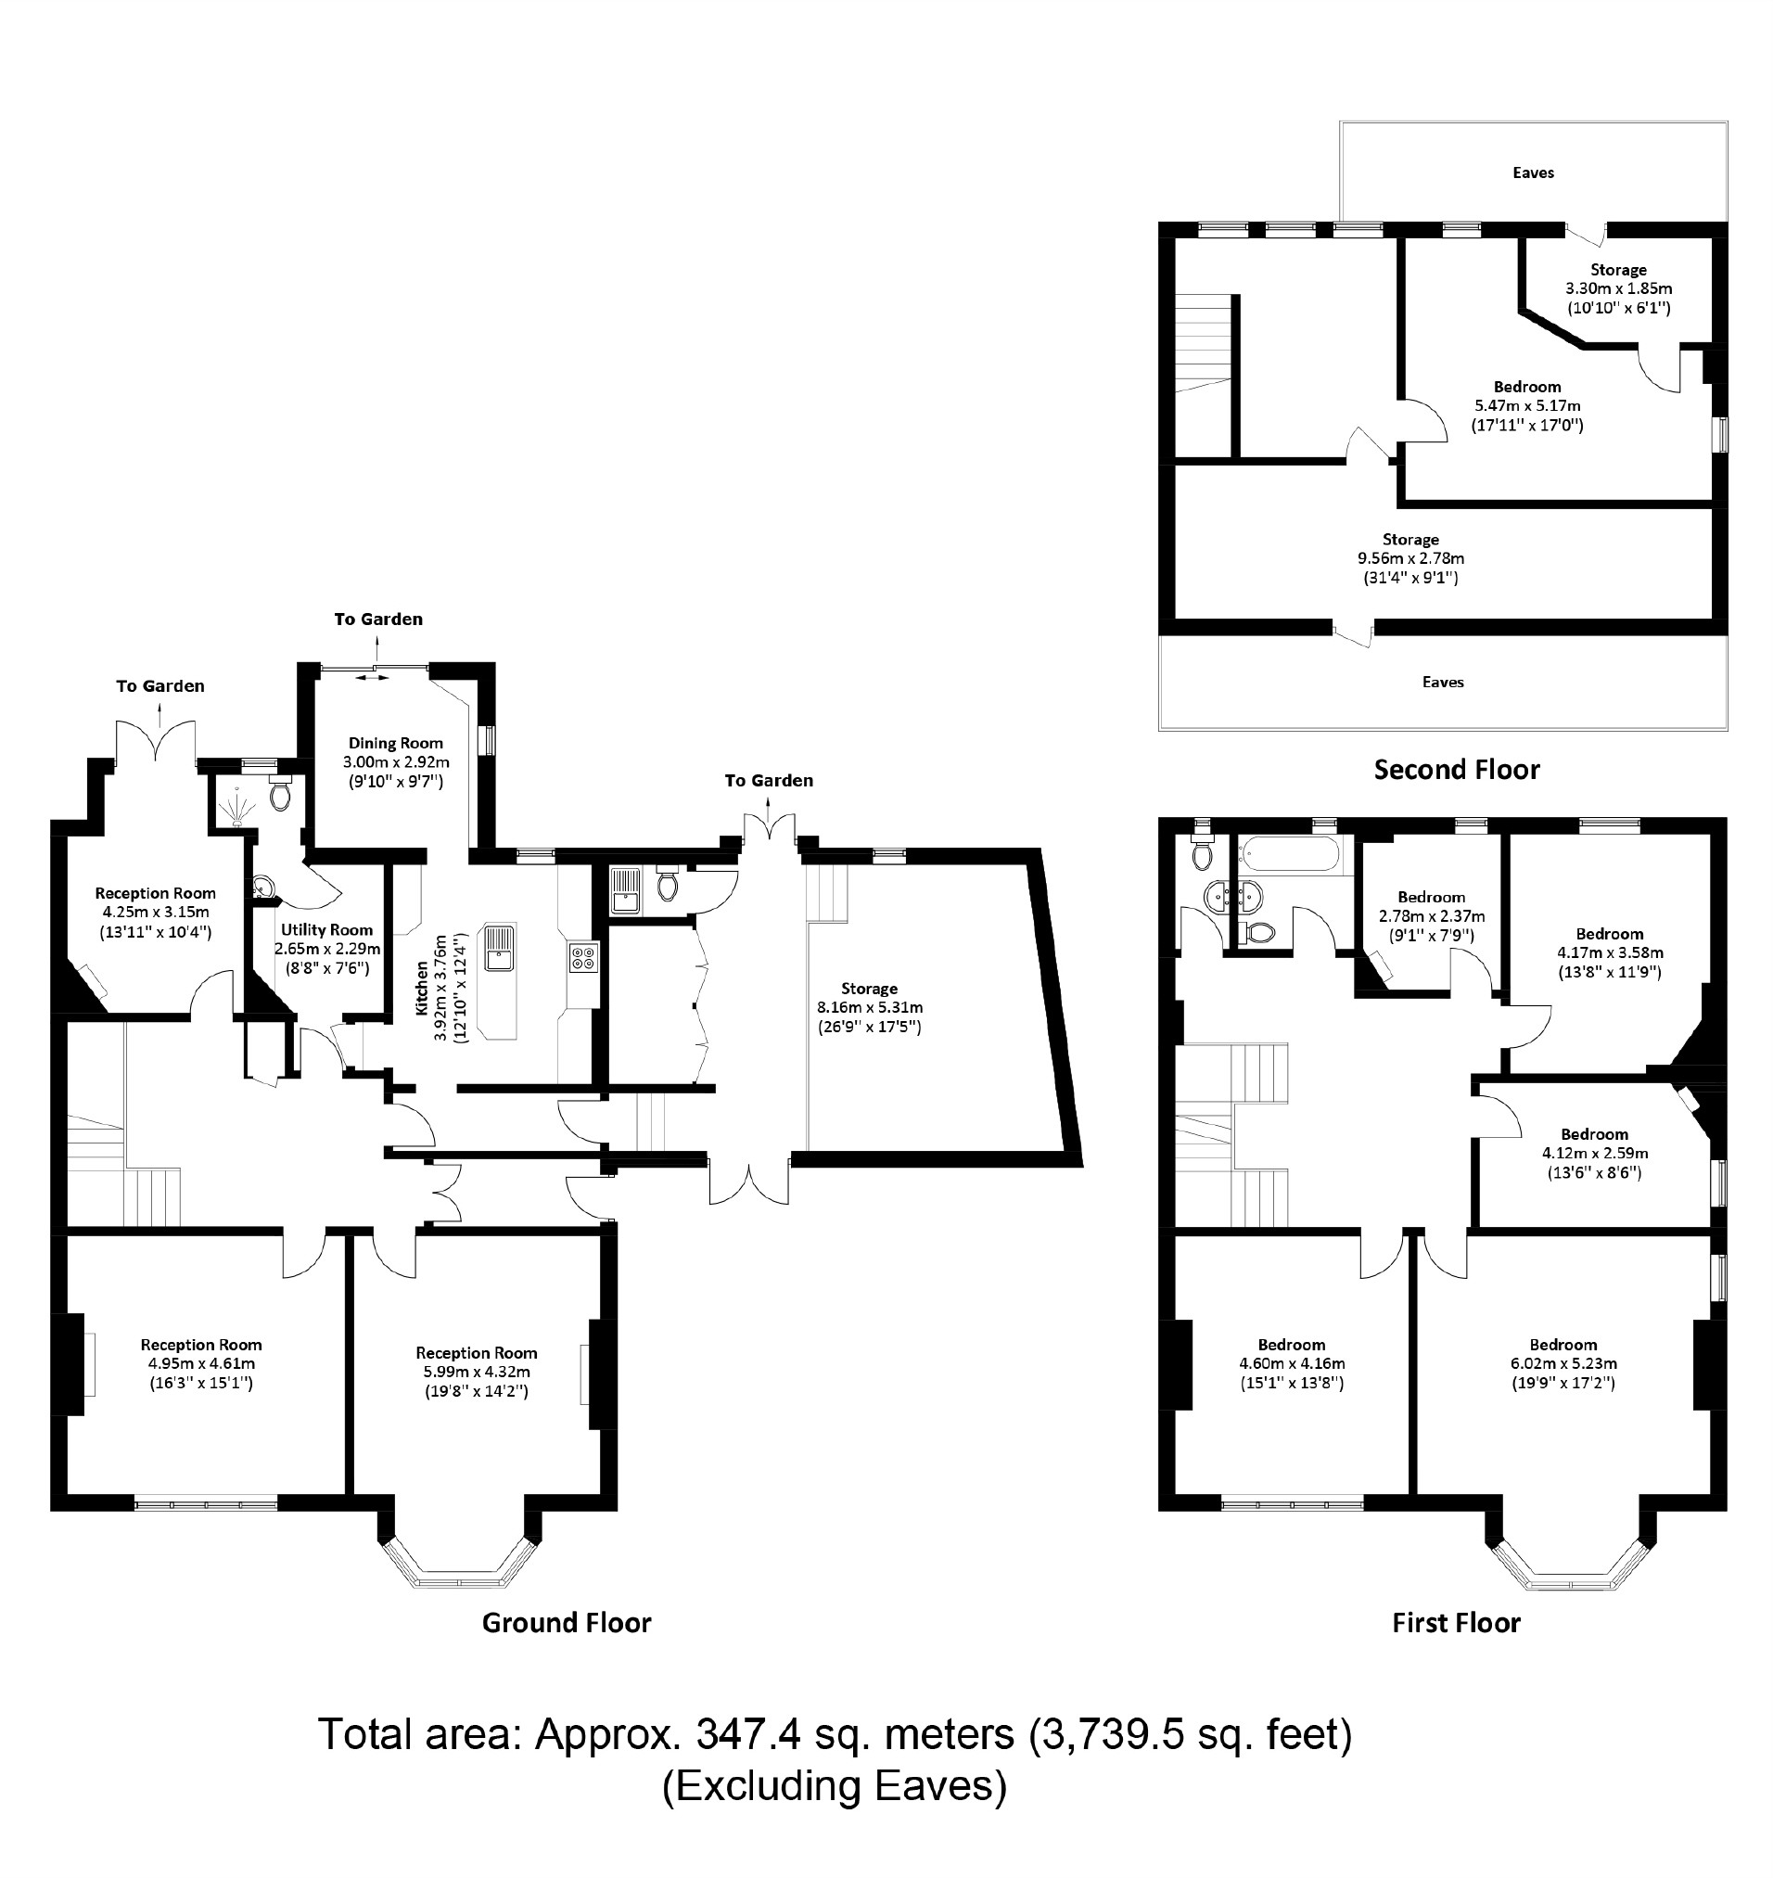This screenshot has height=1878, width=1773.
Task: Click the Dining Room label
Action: (x=395, y=743)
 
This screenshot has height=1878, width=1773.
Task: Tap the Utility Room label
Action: (x=326, y=930)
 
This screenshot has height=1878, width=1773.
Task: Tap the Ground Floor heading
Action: (x=566, y=1623)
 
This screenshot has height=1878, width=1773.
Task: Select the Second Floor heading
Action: (x=1457, y=770)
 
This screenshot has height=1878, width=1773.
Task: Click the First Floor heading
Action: (x=1456, y=1623)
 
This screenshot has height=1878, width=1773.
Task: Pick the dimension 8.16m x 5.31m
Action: (x=870, y=1007)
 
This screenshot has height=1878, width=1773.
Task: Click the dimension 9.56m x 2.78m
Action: (x=1410, y=558)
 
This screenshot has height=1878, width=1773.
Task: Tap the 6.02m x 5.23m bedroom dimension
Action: (x=1563, y=1364)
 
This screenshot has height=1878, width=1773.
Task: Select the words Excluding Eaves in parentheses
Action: (x=835, y=1786)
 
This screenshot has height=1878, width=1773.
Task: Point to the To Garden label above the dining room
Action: (x=378, y=620)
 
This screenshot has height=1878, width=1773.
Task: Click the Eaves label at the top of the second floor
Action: (x=1533, y=172)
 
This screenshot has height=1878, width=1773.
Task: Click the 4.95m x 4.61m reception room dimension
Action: (x=201, y=1364)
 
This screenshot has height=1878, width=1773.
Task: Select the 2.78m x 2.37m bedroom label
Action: (x=1431, y=916)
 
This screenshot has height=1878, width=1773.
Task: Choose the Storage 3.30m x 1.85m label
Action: (x=1618, y=288)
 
